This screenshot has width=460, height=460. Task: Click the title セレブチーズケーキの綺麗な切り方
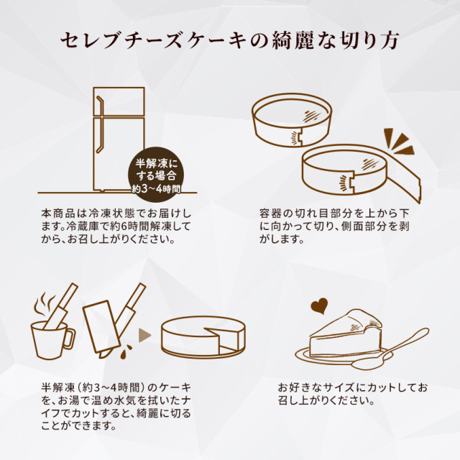(230, 40)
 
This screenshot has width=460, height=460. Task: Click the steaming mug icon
(52, 335)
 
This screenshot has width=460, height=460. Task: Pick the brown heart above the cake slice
(318, 307)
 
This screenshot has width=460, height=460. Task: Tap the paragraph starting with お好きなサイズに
(352, 394)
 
